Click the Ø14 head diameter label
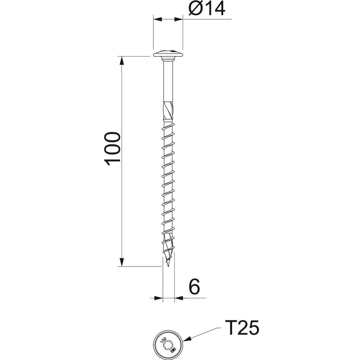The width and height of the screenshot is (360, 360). point(207,9)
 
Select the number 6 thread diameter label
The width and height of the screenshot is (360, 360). point(194,287)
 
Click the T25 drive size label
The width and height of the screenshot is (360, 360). point(242,328)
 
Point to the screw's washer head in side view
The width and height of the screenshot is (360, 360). point(168,54)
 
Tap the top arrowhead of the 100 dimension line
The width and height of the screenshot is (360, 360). point(121,60)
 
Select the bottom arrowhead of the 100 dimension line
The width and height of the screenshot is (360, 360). point(121,262)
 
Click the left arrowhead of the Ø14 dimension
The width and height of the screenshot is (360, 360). point(158,19)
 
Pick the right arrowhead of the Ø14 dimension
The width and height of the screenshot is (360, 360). point(178,19)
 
